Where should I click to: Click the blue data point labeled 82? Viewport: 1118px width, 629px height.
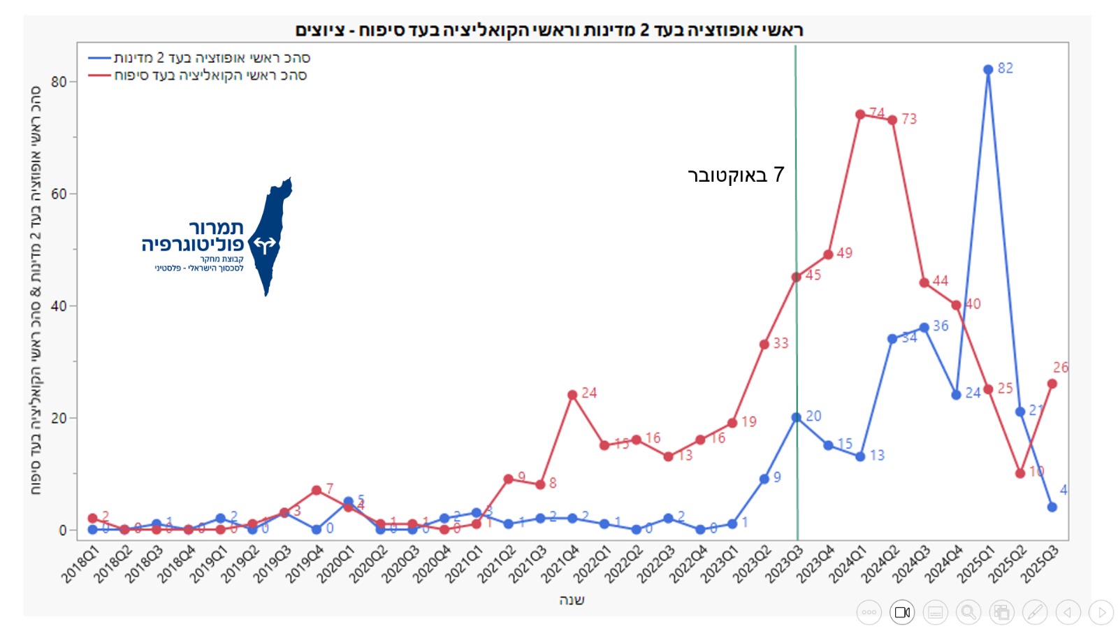pyautogui.click(x=988, y=70)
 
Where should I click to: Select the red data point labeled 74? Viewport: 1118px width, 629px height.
pyautogui.click(x=860, y=115)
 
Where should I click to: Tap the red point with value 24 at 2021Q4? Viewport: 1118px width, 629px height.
pyautogui.click(x=572, y=395)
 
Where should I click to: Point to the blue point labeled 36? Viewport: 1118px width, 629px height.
pyautogui.click(x=924, y=327)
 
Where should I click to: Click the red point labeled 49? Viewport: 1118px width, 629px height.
pyautogui.click(x=828, y=254)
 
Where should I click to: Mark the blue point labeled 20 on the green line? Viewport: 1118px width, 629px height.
pyautogui.click(x=796, y=417)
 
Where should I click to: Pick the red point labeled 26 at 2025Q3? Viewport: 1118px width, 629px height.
pyautogui.click(x=1052, y=384)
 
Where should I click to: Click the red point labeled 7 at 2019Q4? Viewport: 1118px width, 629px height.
pyautogui.click(x=317, y=491)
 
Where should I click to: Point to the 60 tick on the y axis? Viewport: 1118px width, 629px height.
pyautogui.click(x=59, y=194)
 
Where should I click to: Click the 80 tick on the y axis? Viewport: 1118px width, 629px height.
pyautogui.click(x=59, y=82)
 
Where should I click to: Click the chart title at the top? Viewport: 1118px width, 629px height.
pyautogui.click(x=549, y=30)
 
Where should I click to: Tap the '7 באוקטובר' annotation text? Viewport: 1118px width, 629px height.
pyautogui.click(x=736, y=175)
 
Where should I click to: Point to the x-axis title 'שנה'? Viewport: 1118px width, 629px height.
pyautogui.click(x=572, y=600)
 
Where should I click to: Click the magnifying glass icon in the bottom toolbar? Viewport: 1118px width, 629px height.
pyautogui.click(x=968, y=612)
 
